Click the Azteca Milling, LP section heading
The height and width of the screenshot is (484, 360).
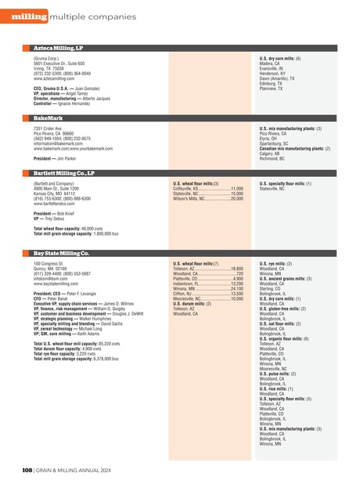point(59,49)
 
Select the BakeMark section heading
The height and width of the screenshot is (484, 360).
point(48,117)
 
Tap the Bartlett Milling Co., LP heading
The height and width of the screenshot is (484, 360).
point(64,173)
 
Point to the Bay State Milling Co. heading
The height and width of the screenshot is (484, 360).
point(61,232)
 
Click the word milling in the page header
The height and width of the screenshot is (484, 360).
point(28,17)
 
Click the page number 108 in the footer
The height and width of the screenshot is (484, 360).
point(26,470)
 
